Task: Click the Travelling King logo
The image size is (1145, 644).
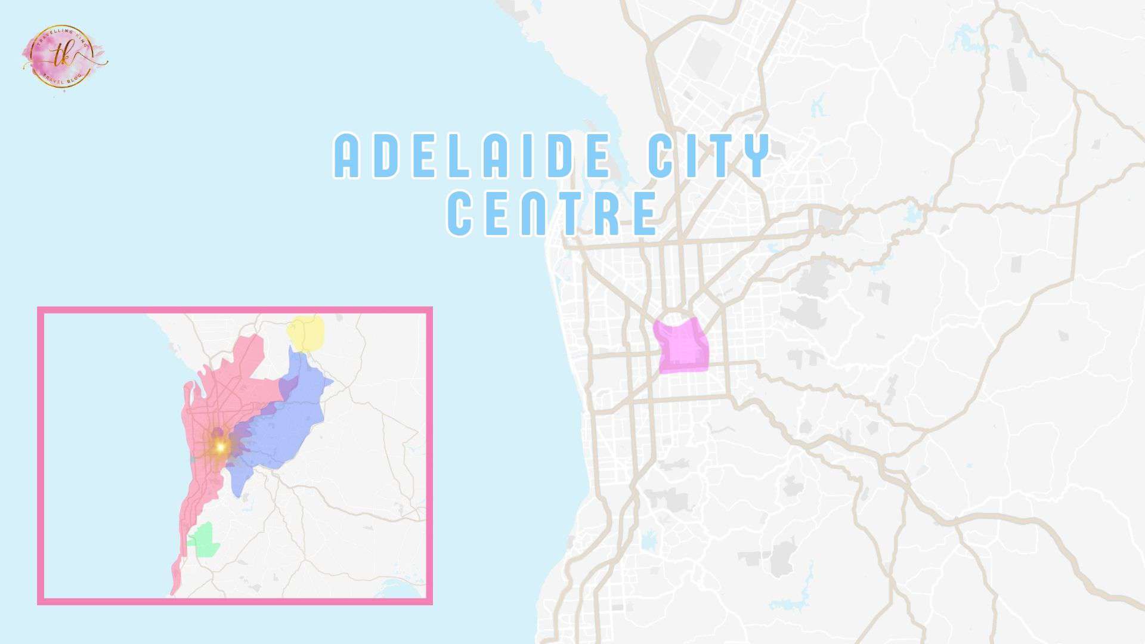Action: [x=64, y=55]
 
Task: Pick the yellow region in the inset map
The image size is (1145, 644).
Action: [x=307, y=334]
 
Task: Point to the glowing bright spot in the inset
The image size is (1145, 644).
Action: [x=220, y=446]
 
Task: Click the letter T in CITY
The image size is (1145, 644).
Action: [x=717, y=156]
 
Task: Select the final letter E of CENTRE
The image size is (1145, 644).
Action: [x=645, y=213]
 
